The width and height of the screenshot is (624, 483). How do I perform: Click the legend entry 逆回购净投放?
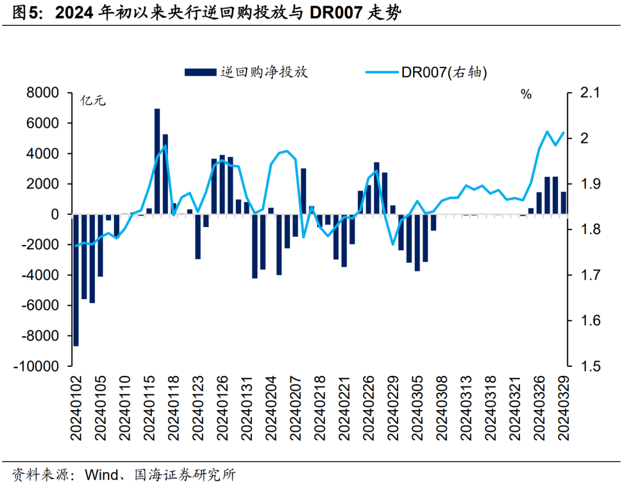[247, 72]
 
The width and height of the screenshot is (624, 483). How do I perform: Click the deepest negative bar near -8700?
[76, 280]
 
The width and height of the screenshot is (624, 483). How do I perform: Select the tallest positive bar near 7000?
[157, 161]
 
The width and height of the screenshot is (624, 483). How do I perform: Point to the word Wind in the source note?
[100, 475]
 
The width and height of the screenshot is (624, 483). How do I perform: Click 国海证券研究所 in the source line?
[185, 475]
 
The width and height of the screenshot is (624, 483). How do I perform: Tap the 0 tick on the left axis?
[55, 214]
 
